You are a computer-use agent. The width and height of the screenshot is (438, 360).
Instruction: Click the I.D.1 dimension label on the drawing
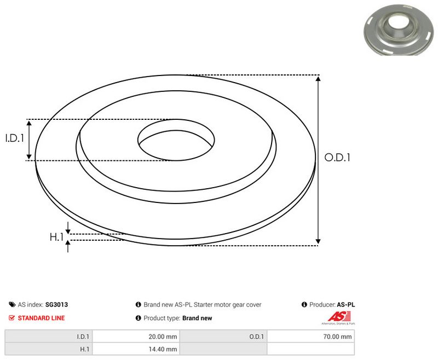[15, 139]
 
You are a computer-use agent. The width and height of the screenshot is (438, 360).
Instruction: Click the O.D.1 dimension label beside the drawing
[337, 158]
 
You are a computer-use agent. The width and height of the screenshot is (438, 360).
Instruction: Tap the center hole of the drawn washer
[175, 142]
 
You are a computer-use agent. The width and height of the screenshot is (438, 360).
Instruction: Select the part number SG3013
[56, 305]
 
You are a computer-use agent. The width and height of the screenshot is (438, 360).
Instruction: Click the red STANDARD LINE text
[41, 318]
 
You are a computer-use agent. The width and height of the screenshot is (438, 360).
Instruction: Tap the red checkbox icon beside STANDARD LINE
[12, 318]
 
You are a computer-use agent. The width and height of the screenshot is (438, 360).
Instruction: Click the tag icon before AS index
[12, 305]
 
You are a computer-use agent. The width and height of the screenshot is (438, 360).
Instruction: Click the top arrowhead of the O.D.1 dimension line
[318, 79]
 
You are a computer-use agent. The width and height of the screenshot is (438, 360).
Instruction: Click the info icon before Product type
[138, 318]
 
